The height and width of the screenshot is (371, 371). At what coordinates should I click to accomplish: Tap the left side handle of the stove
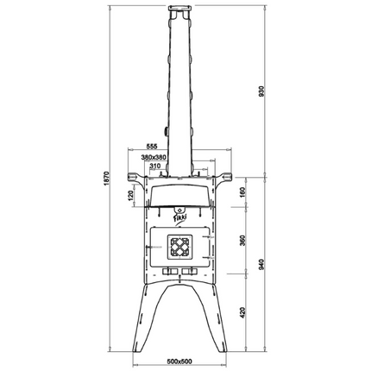[x=134, y=179]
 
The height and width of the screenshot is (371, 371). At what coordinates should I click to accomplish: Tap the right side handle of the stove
[x=225, y=179]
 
